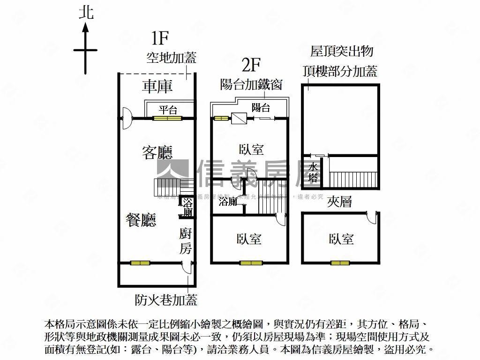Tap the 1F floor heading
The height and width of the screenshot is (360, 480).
tap(160, 37)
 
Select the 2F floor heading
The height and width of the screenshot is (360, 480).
tap(251, 64)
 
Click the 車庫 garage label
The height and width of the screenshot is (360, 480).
tap(158, 86)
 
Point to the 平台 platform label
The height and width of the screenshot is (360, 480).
tap(168, 110)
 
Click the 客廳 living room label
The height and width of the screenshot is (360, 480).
tap(157, 152)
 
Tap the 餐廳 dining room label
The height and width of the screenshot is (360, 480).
tap(141, 220)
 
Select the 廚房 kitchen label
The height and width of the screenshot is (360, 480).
tap(186, 240)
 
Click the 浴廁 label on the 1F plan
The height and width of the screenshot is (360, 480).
tap(187, 208)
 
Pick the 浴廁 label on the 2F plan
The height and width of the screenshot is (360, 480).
tap(228, 202)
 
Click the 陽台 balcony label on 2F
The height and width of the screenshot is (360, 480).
tap(261, 107)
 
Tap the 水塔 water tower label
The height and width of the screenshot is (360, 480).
tap(314, 172)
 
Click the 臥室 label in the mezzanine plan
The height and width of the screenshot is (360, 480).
tap(341, 239)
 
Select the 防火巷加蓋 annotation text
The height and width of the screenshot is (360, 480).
tap(166, 300)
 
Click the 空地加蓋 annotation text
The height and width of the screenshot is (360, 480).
tap(171, 58)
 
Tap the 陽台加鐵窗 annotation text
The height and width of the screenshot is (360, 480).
tap(251, 84)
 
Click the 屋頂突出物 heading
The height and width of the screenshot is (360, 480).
tap(341, 51)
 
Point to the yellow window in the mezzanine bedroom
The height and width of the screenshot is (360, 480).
tap(340, 262)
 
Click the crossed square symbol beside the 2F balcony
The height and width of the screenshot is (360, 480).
tap(239, 119)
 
